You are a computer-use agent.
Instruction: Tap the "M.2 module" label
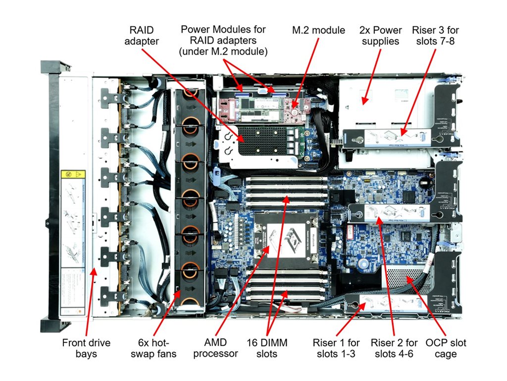[318, 30]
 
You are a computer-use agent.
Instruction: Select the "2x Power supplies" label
[380, 36]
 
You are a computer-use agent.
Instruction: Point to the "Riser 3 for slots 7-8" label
[435, 36]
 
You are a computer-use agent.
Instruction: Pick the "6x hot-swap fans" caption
[153, 348]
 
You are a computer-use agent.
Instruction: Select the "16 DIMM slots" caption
[267, 348]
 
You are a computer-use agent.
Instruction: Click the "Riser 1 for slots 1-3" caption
[336, 348]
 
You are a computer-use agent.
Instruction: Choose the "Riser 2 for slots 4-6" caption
[394, 348]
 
